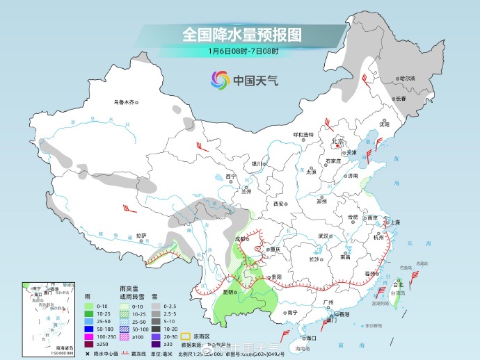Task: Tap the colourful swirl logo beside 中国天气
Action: coord(221,81)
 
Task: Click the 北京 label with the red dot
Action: coord(338,141)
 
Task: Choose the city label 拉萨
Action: coord(141,235)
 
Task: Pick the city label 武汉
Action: coord(322,236)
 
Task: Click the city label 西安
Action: coord(279,204)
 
